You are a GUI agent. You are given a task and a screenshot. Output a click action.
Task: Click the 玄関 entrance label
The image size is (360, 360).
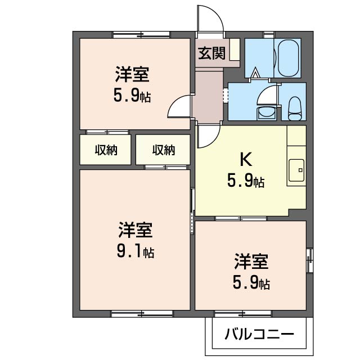tap(211, 53)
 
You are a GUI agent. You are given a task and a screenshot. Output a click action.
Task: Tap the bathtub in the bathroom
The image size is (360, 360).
tap(288, 58)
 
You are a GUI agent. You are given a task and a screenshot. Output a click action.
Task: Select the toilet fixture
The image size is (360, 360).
tap(294, 109)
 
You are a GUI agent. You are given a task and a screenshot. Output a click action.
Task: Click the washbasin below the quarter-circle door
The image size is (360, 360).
tap(266, 113)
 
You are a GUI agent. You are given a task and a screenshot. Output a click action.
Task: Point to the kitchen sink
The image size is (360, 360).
tap(296, 170)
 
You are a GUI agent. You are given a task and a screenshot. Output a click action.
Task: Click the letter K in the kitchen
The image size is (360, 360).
tap(246, 159)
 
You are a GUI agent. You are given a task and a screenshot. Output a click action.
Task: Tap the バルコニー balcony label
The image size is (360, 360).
tap(259, 334)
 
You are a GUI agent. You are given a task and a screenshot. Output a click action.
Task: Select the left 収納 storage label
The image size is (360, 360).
tap(106, 150)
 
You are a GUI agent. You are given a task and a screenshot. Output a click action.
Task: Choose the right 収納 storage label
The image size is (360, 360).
tap(164, 150)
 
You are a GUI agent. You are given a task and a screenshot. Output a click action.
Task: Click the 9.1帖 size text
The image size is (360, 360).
tap(136, 251)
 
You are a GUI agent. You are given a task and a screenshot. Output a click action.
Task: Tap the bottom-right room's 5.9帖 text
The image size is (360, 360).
tap(251, 282)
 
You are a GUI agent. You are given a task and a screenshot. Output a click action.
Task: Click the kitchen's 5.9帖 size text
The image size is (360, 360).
tap(246, 181)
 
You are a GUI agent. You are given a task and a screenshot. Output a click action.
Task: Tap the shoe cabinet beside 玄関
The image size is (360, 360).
tap(235, 49)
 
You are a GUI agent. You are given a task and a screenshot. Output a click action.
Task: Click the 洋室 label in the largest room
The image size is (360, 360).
tap(136, 230)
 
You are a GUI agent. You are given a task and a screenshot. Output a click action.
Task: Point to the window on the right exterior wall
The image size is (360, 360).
tap(309, 260)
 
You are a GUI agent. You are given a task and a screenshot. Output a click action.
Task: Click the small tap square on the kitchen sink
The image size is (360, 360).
tap(300, 170)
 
